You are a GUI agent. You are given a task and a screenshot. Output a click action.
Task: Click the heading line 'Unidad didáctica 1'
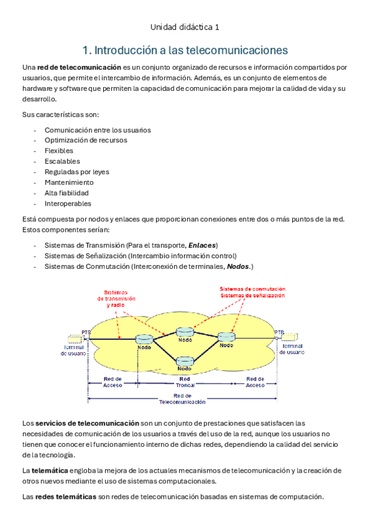click(x=185, y=27)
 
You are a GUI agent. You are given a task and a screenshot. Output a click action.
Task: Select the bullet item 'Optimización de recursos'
click(x=86, y=140)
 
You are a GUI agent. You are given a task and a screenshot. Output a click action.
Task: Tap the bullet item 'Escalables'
click(x=62, y=161)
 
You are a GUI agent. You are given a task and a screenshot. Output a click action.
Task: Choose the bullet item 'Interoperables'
click(x=67, y=203)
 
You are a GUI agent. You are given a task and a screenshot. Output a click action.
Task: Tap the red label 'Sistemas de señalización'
click(x=253, y=296)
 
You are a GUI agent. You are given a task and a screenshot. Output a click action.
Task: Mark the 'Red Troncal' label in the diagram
click(x=184, y=382)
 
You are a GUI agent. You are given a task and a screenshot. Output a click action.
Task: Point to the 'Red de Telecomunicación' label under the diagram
click(x=182, y=398)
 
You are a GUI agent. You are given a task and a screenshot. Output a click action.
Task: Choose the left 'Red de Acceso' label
click(x=112, y=382)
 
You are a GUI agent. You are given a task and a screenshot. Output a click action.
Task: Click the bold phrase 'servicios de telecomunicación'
click(x=86, y=423)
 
